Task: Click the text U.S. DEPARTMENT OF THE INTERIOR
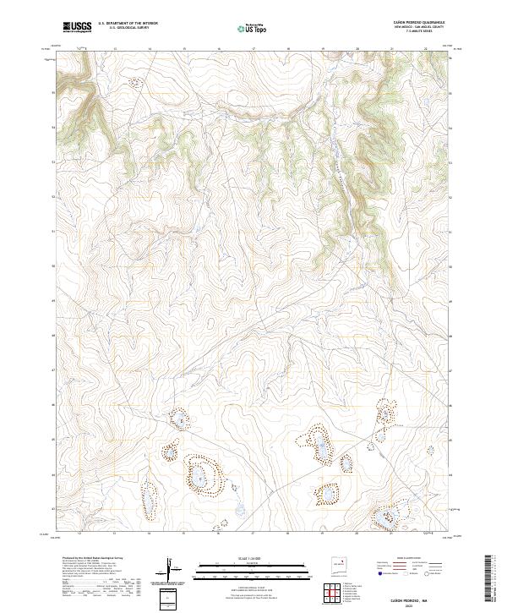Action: click(128, 24)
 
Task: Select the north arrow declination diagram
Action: click(172, 570)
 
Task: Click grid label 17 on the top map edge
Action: click(253, 49)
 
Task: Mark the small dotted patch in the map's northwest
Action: click(134, 83)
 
